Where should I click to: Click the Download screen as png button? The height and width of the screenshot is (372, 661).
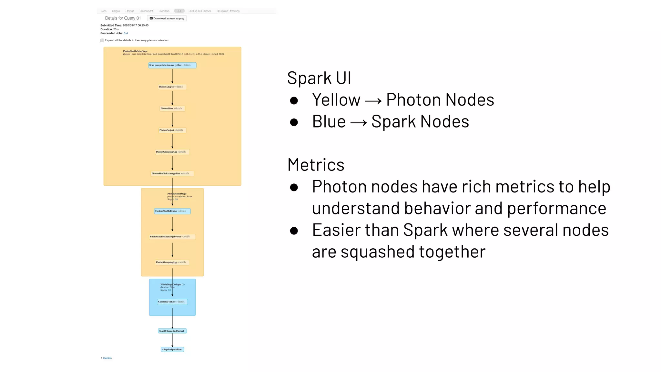[x=167, y=18]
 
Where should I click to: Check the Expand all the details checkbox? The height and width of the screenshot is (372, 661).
[x=102, y=40]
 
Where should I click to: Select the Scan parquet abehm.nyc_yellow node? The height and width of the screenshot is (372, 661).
[x=172, y=65]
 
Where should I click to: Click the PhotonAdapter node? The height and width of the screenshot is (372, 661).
[x=172, y=87]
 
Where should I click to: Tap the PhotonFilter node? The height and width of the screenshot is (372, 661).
[x=172, y=108]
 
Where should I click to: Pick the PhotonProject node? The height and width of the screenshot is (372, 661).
[x=172, y=130]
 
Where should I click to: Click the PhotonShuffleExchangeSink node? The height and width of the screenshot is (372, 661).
[x=172, y=174]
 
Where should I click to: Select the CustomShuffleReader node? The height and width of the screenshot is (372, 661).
[x=172, y=211]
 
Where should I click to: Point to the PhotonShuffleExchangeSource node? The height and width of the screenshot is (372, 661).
[x=172, y=237]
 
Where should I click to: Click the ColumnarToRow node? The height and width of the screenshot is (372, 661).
[x=172, y=302]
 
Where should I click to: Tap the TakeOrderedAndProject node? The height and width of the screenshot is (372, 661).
[x=172, y=331]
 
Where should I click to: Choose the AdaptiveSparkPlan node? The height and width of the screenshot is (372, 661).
[x=172, y=349]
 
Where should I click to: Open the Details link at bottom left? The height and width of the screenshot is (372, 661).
[x=107, y=358]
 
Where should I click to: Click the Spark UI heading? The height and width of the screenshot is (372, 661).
[x=319, y=78]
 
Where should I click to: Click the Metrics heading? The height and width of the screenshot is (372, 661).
[x=316, y=165]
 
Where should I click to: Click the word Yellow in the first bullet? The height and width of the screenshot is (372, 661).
[x=336, y=100]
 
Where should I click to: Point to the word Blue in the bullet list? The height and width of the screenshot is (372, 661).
[x=329, y=122]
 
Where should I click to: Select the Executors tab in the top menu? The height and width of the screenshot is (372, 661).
[x=164, y=11]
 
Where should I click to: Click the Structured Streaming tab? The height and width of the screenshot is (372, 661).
[x=228, y=11]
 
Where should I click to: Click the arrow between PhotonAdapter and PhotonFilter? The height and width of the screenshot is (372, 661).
[x=172, y=98]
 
